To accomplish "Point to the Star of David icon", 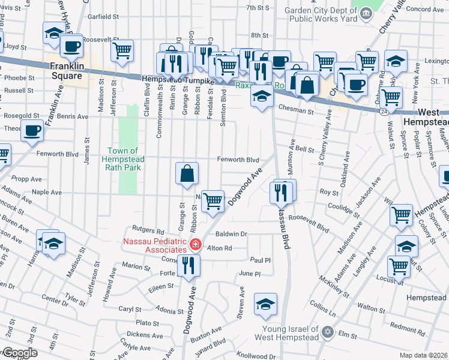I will coord(327,332).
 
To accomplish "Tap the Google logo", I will coord(19,353).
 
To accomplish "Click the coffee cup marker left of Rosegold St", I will coord(32,130).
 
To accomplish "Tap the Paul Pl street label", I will coord(261,260).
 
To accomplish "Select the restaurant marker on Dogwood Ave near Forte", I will coord(189,265).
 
